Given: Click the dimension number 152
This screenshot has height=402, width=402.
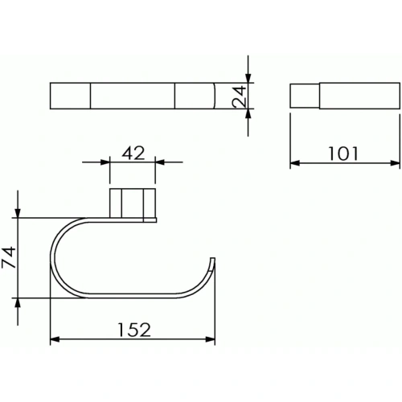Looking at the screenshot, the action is [x=134, y=330].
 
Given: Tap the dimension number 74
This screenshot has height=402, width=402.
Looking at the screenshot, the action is [x=9, y=257].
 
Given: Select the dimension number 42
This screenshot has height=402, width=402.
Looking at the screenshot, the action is [x=133, y=153].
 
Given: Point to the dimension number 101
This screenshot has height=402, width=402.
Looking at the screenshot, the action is [x=343, y=154].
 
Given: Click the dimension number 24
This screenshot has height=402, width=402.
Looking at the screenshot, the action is [x=239, y=96].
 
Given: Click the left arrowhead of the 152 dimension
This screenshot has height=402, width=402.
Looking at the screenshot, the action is [x=55, y=339].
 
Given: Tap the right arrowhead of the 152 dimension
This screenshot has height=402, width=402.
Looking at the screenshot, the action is [x=211, y=339].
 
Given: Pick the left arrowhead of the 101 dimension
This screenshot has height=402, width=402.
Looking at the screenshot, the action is [x=295, y=162].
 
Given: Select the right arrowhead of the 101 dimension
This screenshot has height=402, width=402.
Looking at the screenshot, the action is [x=395, y=162].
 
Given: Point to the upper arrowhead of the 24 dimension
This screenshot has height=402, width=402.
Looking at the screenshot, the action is [x=248, y=78].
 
